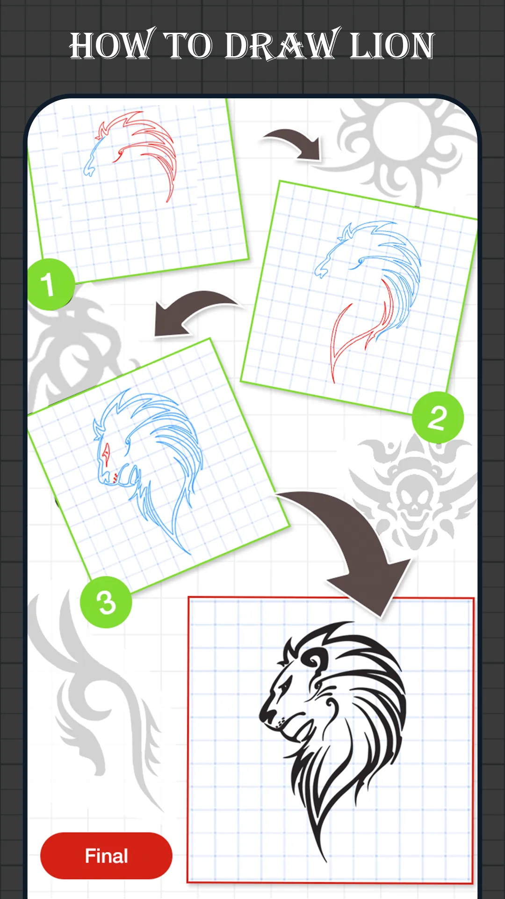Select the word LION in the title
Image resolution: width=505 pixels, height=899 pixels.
tap(392, 46)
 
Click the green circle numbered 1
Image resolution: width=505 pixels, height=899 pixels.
tap(50, 284)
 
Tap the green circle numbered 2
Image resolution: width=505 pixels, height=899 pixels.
tap(438, 418)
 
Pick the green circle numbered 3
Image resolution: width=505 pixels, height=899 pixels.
tap(106, 602)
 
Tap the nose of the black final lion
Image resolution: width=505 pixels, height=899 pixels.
tap(268, 715)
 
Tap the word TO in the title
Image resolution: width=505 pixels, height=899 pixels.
tap(189, 46)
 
